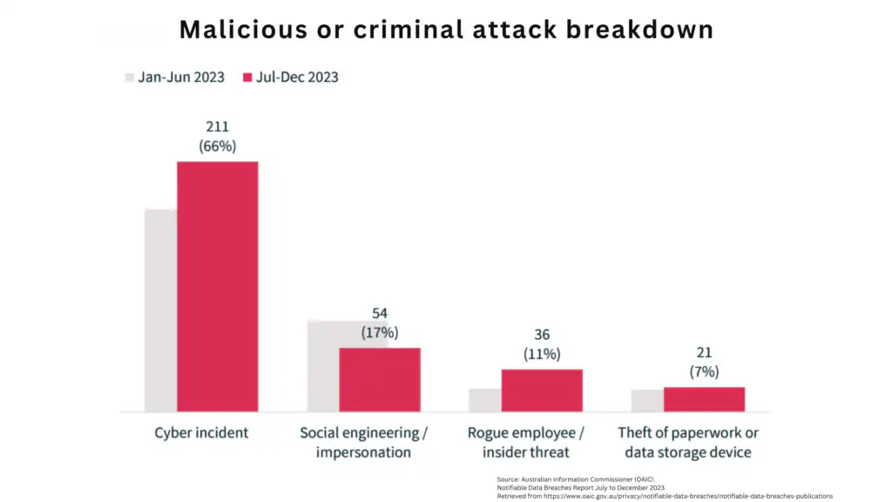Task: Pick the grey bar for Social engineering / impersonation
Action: pos(322,366)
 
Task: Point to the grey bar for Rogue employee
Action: pos(484,400)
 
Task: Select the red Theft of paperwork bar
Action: pos(704,399)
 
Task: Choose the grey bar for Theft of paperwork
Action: pos(646,401)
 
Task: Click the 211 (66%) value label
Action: pos(217,136)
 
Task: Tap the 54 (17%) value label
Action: pos(379,322)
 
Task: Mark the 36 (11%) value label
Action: pos(542,344)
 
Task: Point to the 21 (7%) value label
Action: pos(704,362)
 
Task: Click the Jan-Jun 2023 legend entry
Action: pos(174,77)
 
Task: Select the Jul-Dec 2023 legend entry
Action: pos(290,77)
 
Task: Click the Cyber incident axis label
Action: pos(201,433)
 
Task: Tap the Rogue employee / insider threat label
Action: pos(525,443)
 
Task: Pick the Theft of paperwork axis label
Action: pos(688,443)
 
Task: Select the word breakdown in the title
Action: pos(639,29)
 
